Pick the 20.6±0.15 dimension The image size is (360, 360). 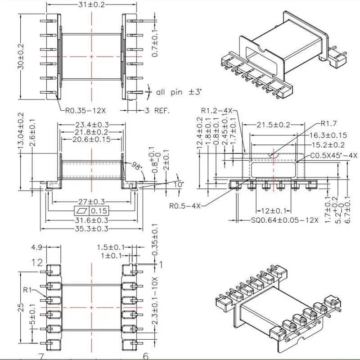coord(91,140)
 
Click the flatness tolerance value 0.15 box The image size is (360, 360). coord(98,211)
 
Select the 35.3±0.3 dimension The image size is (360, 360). coord(92,229)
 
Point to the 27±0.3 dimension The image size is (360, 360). coord(92,202)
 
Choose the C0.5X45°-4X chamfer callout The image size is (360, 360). coord(333,155)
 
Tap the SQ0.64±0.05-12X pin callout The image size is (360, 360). coord(284,220)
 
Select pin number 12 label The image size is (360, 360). coord(37,262)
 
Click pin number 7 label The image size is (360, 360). coord(41,356)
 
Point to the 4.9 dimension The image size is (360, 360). coord(37,247)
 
